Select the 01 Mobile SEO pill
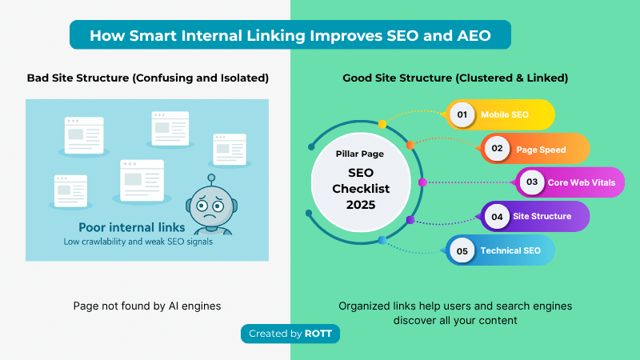[500, 114]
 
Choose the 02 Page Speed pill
[535, 149]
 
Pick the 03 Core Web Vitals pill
[570, 182]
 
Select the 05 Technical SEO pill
[500, 250]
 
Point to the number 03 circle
[532, 182]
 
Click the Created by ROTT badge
[290, 334]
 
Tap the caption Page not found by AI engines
[146, 306]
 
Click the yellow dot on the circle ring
[382, 124]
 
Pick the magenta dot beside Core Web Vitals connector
[422, 182]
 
